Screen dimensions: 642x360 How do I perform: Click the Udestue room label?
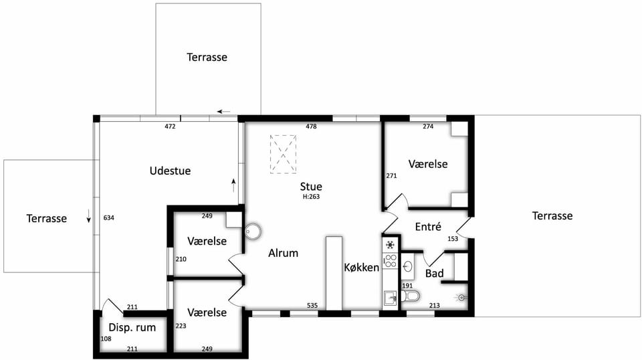coord(170,171)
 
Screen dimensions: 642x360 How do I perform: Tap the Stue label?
coord(311,186)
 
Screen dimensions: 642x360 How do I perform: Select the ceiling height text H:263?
coord(311,197)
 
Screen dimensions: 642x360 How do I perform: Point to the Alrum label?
coord(284,253)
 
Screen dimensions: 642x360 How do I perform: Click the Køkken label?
coord(362,268)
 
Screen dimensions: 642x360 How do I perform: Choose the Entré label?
coord(428,226)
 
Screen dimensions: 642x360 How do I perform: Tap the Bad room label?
coord(435,273)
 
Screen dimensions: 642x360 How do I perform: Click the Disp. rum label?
coord(132,328)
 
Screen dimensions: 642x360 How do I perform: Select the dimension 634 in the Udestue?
coord(108,218)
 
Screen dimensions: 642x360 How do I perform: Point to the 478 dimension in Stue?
coord(311,126)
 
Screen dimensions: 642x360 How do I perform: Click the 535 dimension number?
coord(312,306)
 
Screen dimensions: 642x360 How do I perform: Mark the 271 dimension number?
coord(391,176)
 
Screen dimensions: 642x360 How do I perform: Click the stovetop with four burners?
coord(391,261)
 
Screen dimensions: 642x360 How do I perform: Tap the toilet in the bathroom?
coord(411,296)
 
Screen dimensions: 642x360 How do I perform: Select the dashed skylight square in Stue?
coord(283,155)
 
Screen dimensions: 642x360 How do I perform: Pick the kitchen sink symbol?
coord(391,299)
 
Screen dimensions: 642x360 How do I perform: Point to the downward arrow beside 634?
coord(88,216)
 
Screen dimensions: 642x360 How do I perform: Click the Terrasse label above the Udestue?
coord(207,57)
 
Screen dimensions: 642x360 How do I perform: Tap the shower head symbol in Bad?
coord(462,298)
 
